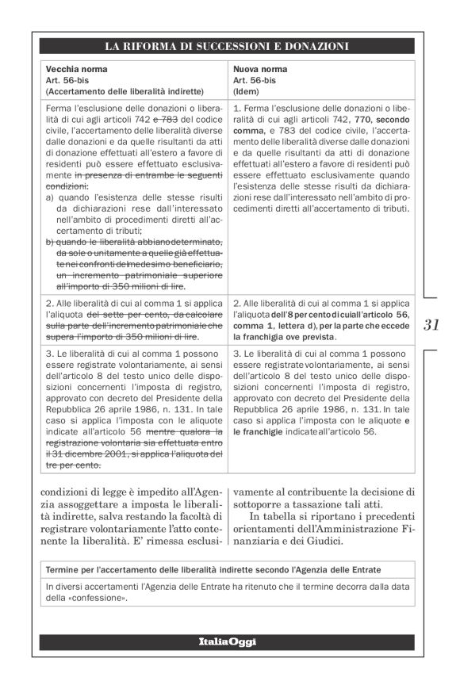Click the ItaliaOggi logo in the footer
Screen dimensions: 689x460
click(228, 641)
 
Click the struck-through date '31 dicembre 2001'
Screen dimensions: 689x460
click(87, 454)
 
